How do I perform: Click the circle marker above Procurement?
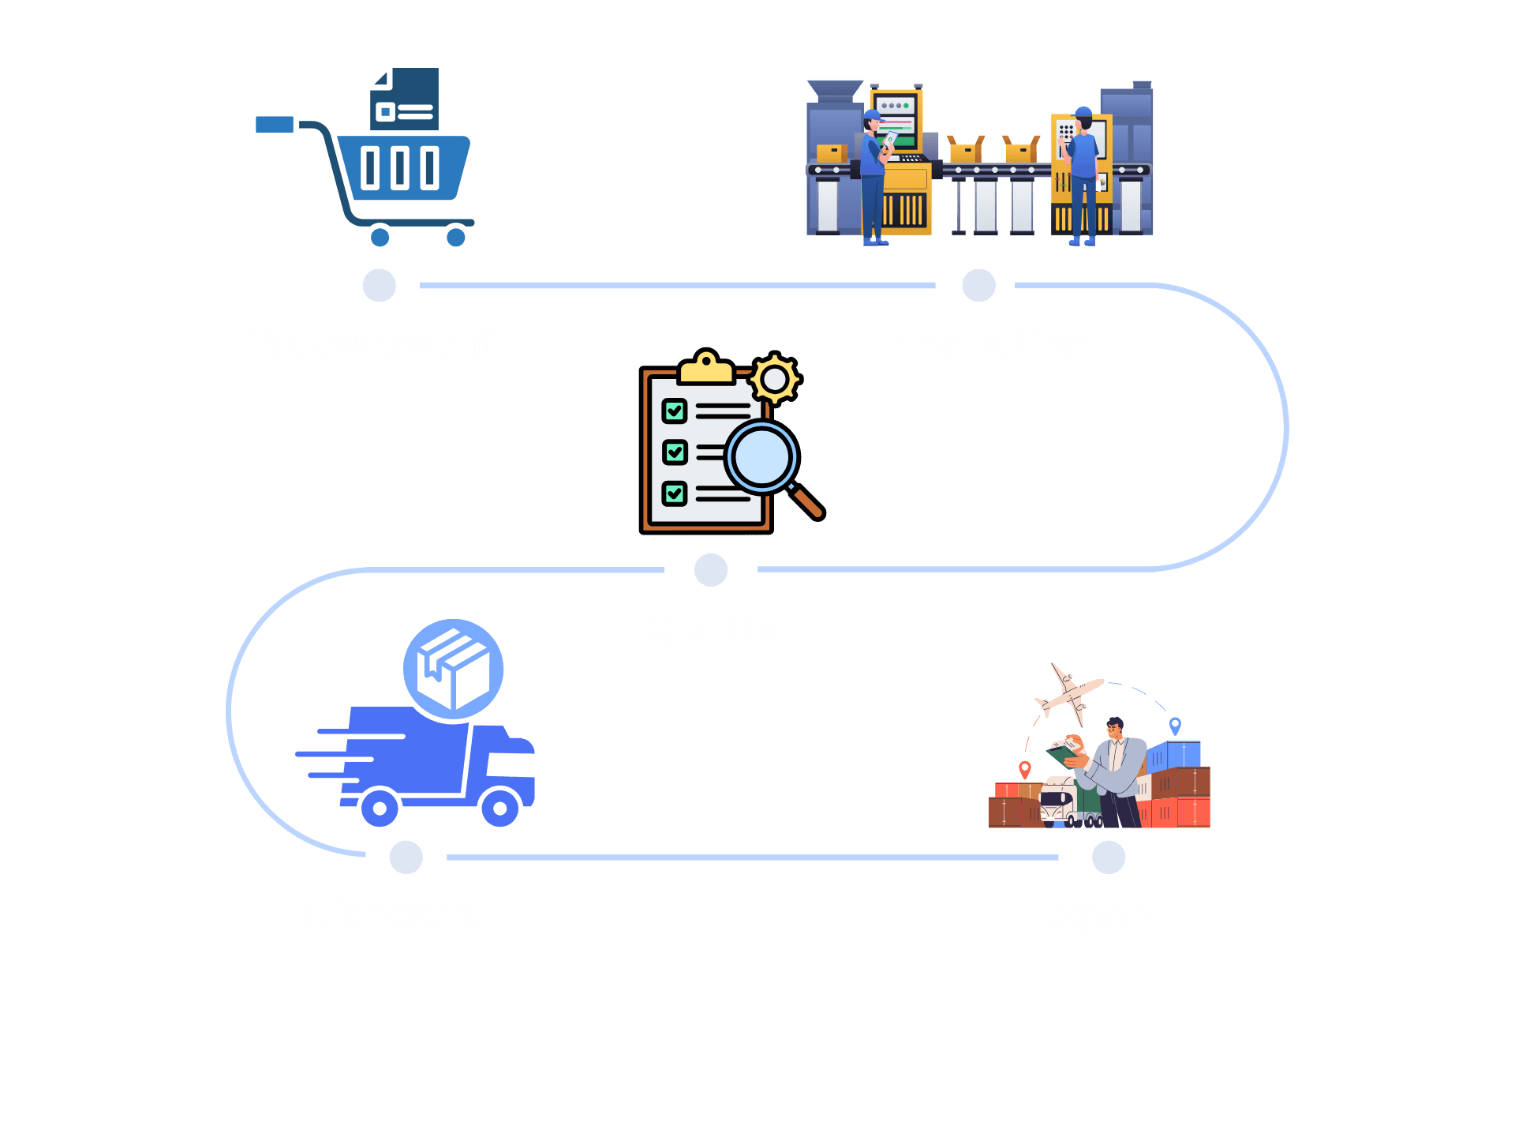pyautogui.click(x=379, y=285)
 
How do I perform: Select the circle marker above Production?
pyautogui.click(x=978, y=285)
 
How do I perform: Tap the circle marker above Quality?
pyautogui.click(x=711, y=569)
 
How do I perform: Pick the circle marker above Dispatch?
pyautogui.click(x=406, y=857)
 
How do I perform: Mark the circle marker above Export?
pyautogui.click(x=1109, y=857)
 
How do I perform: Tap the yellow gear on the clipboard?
pyautogui.click(x=775, y=379)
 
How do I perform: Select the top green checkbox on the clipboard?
pyautogui.click(x=675, y=411)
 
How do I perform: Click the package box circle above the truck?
pyautogui.click(x=454, y=669)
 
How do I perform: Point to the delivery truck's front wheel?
pyautogui.click(x=499, y=808)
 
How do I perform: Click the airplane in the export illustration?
pyautogui.click(x=1068, y=693)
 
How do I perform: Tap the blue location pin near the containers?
pyautogui.click(x=1175, y=724)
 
